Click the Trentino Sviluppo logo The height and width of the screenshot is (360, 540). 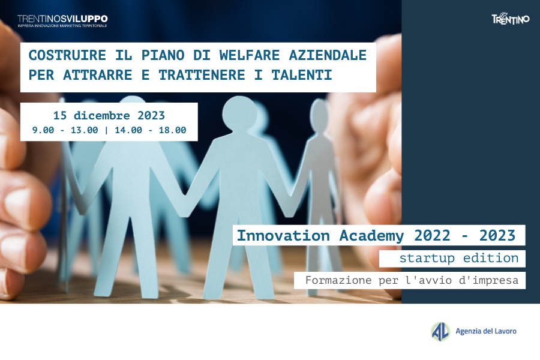(62, 21)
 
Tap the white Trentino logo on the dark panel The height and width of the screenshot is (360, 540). (511, 19)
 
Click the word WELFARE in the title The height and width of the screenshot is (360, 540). (250, 55)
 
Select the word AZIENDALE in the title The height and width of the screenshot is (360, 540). (328, 55)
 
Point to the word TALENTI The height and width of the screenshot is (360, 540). (302, 75)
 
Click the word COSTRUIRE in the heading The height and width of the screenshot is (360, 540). (67, 55)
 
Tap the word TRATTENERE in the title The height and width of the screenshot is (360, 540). (202, 75)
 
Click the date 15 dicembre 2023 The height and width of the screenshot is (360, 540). (109, 115)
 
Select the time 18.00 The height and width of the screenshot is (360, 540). (173, 130)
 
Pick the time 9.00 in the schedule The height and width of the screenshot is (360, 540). (43, 130)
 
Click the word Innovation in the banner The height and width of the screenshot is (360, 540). (283, 236)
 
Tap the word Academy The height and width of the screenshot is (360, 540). (371, 236)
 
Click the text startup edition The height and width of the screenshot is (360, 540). (459, 259)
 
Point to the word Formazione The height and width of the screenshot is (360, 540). (338, 280)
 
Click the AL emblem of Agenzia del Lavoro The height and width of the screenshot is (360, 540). (440, 331)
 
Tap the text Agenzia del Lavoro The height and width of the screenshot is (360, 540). (486, 331)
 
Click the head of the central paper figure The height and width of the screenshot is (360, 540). (240, 113)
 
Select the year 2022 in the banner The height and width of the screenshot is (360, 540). (432, 236)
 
